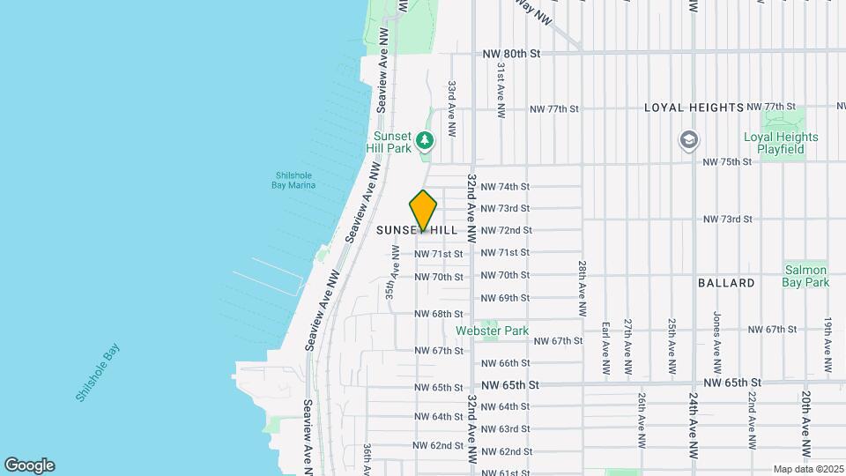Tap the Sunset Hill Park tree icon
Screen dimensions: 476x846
[426, 139]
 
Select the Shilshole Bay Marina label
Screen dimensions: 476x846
[294, 180]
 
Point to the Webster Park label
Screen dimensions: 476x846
[493, 331]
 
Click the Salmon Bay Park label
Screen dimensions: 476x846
[805, 276]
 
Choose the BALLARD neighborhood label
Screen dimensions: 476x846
[726, 283]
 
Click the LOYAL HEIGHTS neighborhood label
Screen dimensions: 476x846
[707, 108]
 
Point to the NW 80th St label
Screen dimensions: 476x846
[510, 54]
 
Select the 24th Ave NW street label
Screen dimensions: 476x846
[694, 426]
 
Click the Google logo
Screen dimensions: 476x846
[29, 465]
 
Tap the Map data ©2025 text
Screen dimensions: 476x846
[808, 469]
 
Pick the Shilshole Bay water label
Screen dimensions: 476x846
[98, 372]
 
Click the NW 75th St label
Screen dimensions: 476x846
[727, 162]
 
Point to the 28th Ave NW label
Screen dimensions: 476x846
[583, 288]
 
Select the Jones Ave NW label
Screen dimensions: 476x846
[717, 345]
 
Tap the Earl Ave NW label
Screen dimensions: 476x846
[605, 345]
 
